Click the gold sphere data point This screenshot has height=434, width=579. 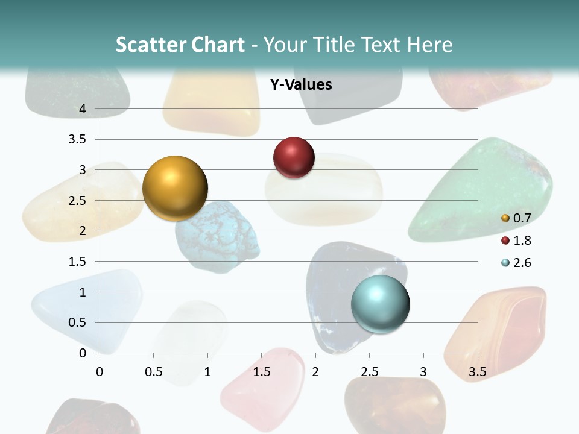point(175,188)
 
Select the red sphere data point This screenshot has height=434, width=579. point(294,157)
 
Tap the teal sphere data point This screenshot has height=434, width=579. point(380,303)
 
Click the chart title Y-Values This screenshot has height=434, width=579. point(301,85)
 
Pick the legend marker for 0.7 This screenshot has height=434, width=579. point(505,218)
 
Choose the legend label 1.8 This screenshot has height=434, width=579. point(522,241)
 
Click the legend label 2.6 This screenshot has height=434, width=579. point(522,263)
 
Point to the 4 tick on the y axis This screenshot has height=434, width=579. point(83,109)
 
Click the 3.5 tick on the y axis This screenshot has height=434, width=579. point(78,140)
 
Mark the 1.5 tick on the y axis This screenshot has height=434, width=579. point(78,262)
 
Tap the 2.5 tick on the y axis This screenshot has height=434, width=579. point(78,201)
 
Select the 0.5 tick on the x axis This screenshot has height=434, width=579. point(153,371)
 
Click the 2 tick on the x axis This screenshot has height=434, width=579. point(315,371)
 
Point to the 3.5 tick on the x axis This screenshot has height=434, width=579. point(477,371)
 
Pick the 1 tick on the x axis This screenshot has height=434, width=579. point(207,371)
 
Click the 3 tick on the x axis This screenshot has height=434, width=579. point(423,371)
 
